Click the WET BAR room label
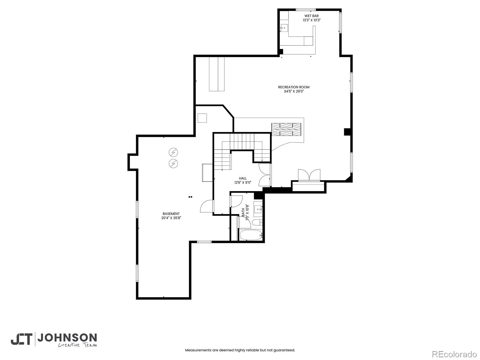click(x=311, y=16)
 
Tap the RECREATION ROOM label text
click(x=294, y=87)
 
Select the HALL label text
click(x=243, y=178)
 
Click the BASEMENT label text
click(x=171, y=214)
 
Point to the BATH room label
click(x=243, y=212)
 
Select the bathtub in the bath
click(x=251, y=235)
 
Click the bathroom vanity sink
click(x=258, y=208)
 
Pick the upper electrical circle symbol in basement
click(x=173, y=152)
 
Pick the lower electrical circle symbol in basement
click(x=173, y=163)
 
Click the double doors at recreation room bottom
click(x=309, y=175)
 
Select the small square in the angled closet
click(x=202, y=118)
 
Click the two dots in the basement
click(x=190, y=197)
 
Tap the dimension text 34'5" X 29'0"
click(x=294, y=91)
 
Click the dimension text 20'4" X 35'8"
click(x=171, y=218)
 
